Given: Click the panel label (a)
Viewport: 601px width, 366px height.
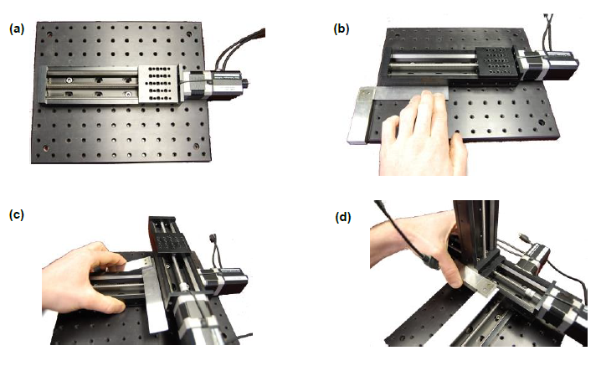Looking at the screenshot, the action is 17,29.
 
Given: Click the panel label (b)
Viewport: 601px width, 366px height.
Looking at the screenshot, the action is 342,29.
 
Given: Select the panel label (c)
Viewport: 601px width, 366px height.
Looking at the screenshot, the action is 16,215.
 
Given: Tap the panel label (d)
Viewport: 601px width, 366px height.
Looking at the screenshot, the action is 343,218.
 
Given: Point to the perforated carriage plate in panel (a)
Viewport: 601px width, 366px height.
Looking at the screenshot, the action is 159,84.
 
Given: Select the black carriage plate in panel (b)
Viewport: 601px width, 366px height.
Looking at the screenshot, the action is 496,63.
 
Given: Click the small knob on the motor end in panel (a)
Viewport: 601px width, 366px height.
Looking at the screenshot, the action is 246,83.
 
